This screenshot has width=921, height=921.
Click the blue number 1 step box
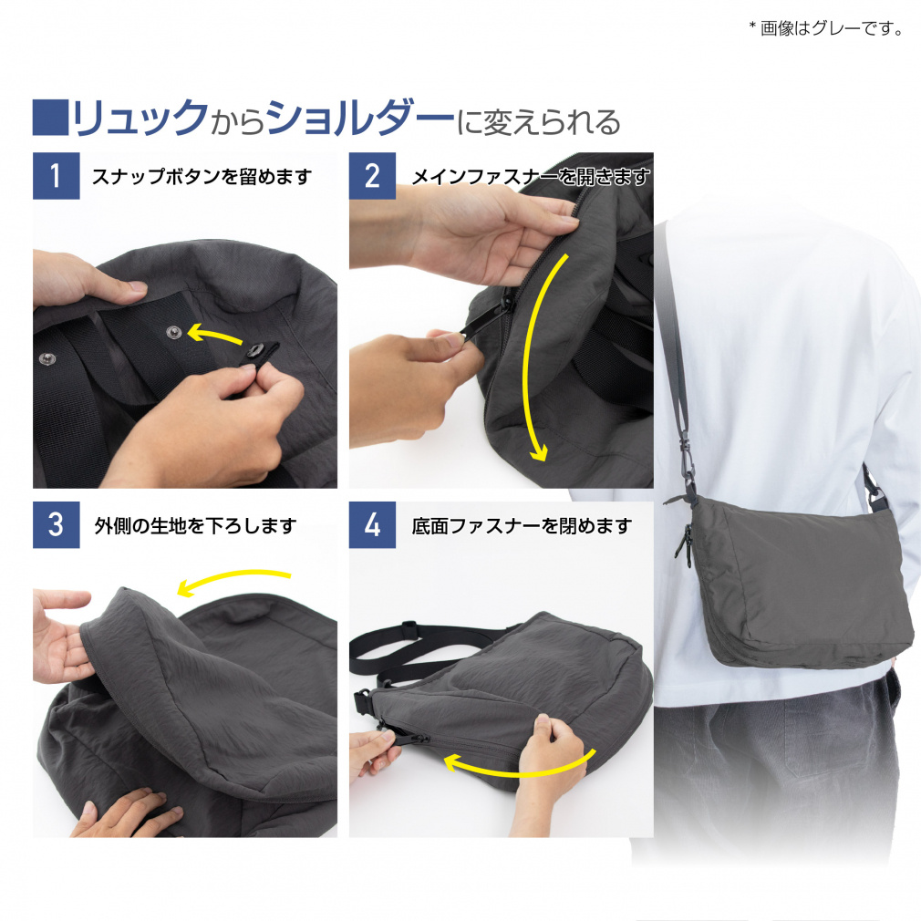point(56,176)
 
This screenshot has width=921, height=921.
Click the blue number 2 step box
point(372,176)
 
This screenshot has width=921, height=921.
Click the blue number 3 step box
point(56,524)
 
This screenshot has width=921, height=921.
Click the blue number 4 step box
point(372,524)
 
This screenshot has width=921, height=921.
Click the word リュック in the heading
point(140,118)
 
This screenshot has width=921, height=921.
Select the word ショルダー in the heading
point(359,118)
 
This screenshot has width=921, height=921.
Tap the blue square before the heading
point(50,118)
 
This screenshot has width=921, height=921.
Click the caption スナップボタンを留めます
point(202,176)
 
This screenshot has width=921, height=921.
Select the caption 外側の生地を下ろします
point(195,525)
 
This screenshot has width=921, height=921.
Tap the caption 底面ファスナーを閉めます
point(522,525)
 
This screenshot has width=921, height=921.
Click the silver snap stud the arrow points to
point(172,333)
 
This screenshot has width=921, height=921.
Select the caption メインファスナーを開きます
point(531,176)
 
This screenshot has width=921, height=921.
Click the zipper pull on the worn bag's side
point(683,541)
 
